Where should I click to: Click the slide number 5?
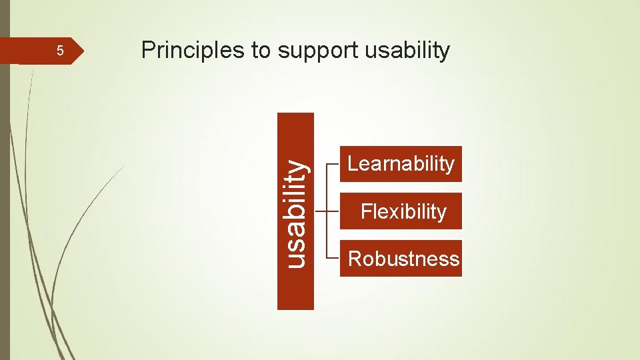point(59,51)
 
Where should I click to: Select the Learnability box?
point(401,164)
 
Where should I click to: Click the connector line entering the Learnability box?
point(335,164)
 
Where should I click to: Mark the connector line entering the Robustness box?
point(335,257)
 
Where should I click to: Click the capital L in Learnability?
point(353,164)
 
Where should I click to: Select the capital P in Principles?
point(148,51)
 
